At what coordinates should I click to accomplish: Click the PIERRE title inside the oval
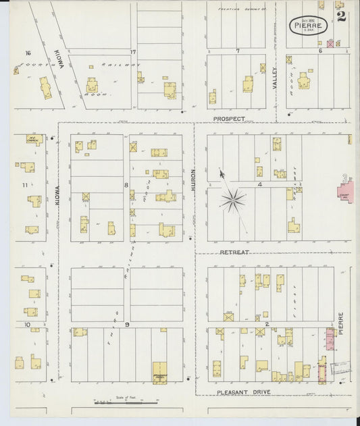309,24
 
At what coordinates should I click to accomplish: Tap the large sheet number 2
342,17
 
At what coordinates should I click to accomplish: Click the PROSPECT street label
229,119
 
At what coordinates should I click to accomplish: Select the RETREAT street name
234,252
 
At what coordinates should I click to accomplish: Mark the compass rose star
233,199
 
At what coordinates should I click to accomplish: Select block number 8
126,184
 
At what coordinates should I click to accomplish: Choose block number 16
28,53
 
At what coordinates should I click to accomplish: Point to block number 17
133,53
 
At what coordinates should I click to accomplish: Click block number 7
238,51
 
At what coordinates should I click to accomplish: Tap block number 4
259,184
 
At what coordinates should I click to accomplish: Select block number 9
126,325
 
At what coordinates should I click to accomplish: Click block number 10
28,325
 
